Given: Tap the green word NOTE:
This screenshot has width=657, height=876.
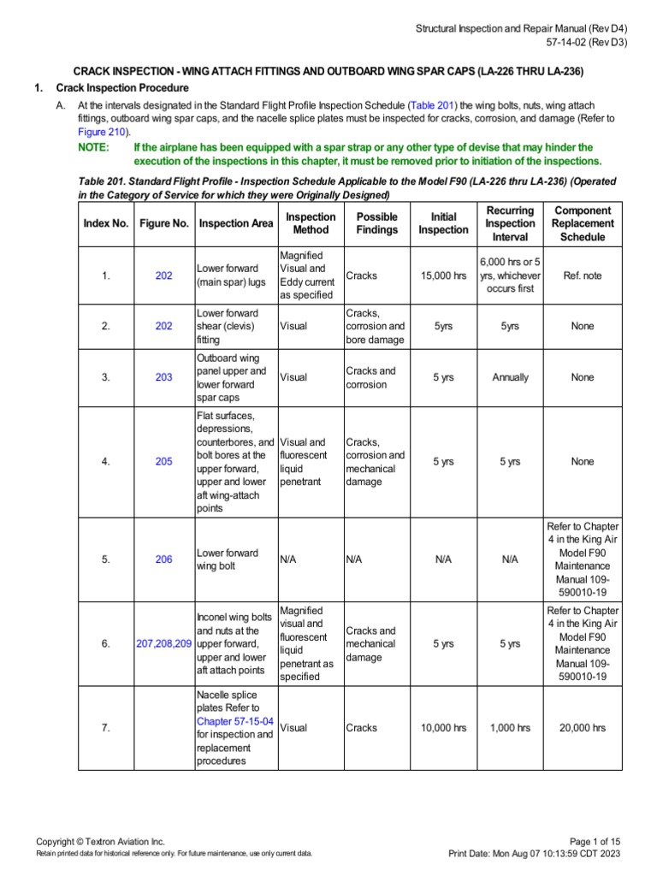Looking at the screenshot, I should (x=93, y=147).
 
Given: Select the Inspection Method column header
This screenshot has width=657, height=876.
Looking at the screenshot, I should (x=311, y=223).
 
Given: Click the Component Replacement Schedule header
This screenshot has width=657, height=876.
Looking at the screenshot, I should (x=583, y=223).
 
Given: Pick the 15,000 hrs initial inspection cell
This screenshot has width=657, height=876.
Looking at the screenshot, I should (x=443, y=275).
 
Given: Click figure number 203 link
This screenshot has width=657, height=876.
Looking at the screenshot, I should (x=163, y=377).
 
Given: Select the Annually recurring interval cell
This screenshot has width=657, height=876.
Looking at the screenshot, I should (x=510, y=377).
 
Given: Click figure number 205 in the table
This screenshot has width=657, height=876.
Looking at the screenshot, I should (x=163, y=461).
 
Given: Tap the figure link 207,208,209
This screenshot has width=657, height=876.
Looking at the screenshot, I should (x=163, y=643).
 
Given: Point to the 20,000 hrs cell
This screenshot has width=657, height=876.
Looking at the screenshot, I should (x=583, y=728).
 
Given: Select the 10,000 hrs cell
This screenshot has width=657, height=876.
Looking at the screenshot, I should (x=443, y=728).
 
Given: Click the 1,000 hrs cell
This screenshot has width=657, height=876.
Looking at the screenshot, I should (x=510, y=728).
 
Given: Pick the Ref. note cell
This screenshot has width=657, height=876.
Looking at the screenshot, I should (x=583, y=275).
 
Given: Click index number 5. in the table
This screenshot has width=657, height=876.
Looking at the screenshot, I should (x=106, y=559).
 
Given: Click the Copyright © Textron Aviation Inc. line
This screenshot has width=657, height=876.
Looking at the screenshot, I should (x=100, y=842).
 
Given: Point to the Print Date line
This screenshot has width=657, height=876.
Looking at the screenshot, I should (x=535, y=854).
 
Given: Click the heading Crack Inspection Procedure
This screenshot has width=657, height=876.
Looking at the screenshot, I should (x=122, y=88).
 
